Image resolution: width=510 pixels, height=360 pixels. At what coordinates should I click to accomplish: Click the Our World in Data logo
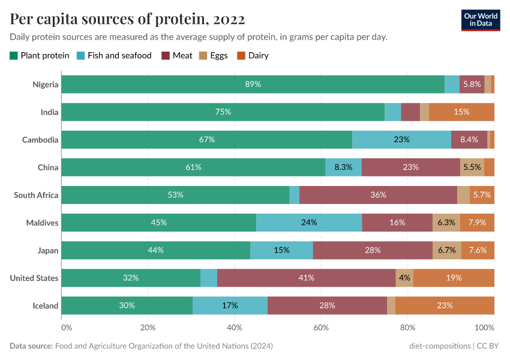[x=480, y=19]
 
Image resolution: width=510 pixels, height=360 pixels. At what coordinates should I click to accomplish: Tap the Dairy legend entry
[x=253, y=56]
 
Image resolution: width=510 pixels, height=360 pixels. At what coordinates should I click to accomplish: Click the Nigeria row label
[x=46, y=85]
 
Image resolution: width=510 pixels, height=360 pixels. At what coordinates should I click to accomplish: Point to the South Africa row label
[x=36, y=195]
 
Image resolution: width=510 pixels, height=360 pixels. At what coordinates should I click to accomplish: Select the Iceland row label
[x=46, y=305]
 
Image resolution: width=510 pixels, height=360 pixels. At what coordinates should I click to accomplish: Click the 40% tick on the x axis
[x=235, y=328]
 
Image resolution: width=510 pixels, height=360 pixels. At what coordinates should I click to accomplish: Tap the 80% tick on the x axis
[x=408, y=328]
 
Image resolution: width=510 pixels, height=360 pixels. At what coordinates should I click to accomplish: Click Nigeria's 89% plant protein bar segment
[x=253, y=85]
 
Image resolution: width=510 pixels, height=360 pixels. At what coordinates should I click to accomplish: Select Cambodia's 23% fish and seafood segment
[x=401, y=140]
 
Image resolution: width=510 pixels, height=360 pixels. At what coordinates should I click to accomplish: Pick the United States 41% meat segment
[x=306, y=278]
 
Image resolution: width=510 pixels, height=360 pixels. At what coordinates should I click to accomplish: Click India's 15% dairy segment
[x=461, y=112]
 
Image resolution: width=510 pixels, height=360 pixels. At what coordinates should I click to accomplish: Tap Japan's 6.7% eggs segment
[x=447, y=250]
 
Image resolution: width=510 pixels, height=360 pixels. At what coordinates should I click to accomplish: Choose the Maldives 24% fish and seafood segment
[x=309, y=223]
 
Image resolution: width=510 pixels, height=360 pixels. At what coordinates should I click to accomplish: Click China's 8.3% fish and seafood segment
[x=343, y=167]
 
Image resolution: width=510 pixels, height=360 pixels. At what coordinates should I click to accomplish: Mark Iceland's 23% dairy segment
[x=445, y=305]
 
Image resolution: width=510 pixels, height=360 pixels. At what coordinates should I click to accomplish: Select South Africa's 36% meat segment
[x=378, y=195]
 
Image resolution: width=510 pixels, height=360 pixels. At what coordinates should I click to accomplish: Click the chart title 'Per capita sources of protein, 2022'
[x=127, y=19]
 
